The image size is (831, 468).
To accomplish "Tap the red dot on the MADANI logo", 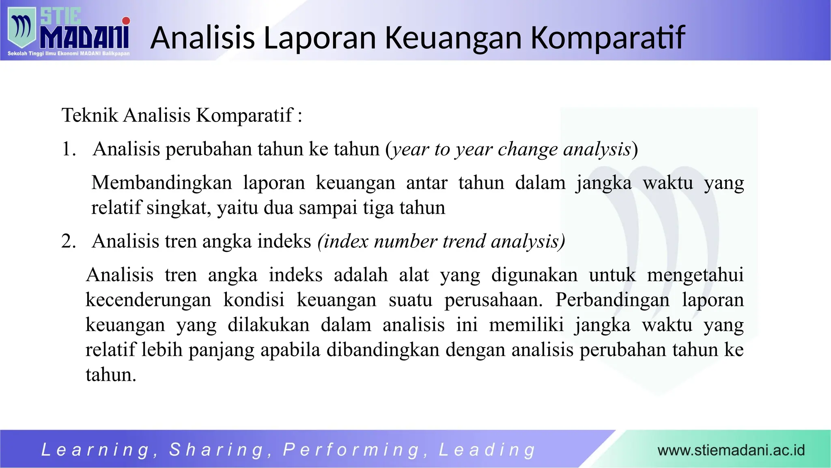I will pyautogui.click(x=126, y=21).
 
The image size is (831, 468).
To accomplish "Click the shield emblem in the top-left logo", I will pyautogui.click(x=22, y=28).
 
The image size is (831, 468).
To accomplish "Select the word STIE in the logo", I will pyautogui.click(x=60, y=17).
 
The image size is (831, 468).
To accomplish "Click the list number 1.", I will pyautogui.click(x=68, y=149).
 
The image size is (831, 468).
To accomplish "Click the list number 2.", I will pyautogui.click(x=68, y=241).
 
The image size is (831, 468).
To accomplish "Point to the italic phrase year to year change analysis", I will pyautogui.click(x=511, y=149).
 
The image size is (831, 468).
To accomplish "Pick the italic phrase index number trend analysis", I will pyautogui.click(x=441, y=241).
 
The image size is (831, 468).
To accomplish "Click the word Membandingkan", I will pyautogui.click(x=161, y=182).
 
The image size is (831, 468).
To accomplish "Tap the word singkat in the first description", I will pyautogui.click(x=179, y=208).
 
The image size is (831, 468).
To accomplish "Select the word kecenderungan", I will pyautogui.click(x=148, y=300).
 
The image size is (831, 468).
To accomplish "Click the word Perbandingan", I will pyautogui.click(x=612, y=300).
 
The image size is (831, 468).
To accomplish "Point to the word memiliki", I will pyautogui.click(x=526, y=325).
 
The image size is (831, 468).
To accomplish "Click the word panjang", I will pyautogui.click(x=221, y=350).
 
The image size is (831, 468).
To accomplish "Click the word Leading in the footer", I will pyautogui.click(x=487, y=450).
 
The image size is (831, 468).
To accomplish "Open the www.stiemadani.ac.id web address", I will pyautogui.click(x=731, y=450).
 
